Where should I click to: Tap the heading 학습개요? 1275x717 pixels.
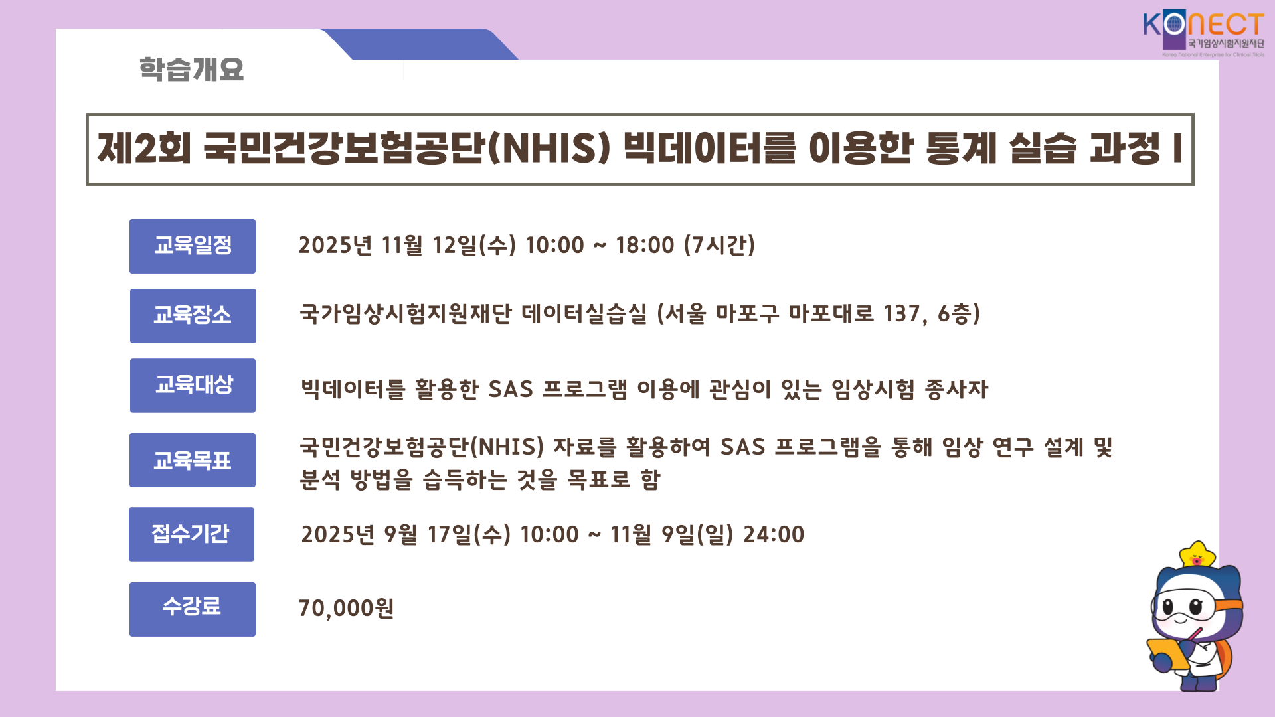191,70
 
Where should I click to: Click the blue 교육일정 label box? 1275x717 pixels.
193,246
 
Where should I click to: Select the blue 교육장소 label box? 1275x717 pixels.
193,316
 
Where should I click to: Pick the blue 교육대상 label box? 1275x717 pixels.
193,386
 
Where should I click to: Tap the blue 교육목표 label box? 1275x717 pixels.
193,460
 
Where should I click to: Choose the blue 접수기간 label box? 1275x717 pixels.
192,534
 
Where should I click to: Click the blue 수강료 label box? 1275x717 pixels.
193,609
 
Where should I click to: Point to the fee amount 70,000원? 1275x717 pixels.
347,608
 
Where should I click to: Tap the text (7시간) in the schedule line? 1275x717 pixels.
720,245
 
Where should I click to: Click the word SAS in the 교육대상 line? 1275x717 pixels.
511,389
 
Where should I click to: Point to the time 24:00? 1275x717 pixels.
774,534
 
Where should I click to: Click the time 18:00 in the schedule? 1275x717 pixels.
645,245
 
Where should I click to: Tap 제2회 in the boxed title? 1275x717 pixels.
144,148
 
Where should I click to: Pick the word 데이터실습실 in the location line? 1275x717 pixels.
584,314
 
